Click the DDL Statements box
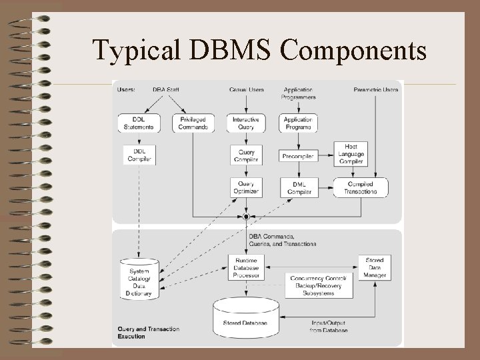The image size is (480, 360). coord(139,123)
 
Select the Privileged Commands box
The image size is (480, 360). coord(193,123)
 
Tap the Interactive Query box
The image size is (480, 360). coord(246,123)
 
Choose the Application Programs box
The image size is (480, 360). coord(298,123)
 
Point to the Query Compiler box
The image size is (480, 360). coord(246,155)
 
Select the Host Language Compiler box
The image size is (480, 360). coord(351,154)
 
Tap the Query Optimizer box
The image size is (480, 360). coord(246,187)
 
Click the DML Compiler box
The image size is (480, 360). coord(299,187)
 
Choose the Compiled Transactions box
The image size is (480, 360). coord(360,187)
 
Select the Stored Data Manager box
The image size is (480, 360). coord(375,267)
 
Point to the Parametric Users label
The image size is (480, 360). coord(376,89)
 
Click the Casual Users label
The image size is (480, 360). coord(246,89)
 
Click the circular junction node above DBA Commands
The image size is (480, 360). coord(246,217)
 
